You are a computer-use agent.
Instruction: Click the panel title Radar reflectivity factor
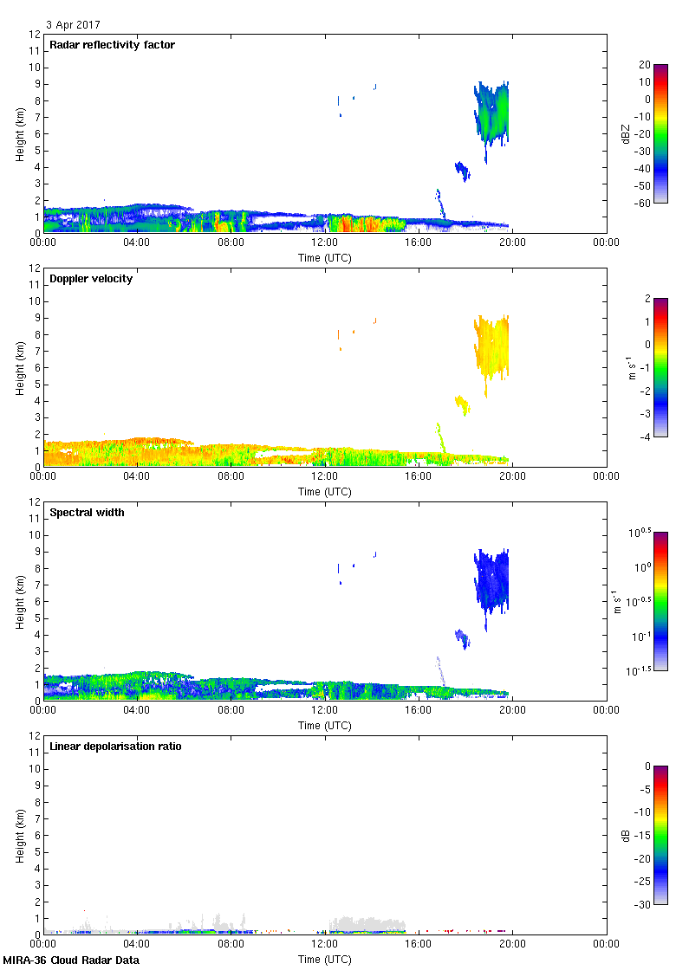(113, 45)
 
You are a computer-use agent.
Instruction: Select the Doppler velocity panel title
(91, 279)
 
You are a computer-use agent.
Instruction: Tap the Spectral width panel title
(88, 513)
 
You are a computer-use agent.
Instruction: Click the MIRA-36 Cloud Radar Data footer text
(71, 960)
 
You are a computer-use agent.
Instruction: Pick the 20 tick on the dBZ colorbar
(644, 65)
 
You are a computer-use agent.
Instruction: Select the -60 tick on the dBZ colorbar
(642, 203)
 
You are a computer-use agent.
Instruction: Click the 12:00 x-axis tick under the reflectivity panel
(324, 242)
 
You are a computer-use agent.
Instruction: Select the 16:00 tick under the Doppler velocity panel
(418, 476)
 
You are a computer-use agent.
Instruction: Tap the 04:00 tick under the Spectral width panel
(137, 710)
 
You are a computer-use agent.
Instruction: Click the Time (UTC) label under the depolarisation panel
(324, 959)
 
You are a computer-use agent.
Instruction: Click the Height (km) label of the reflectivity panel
(19, 133)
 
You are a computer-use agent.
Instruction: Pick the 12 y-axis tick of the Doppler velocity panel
(35, 268)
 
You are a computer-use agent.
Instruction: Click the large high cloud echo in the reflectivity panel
(492, 113)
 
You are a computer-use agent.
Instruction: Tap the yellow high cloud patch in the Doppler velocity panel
(492, 346)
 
